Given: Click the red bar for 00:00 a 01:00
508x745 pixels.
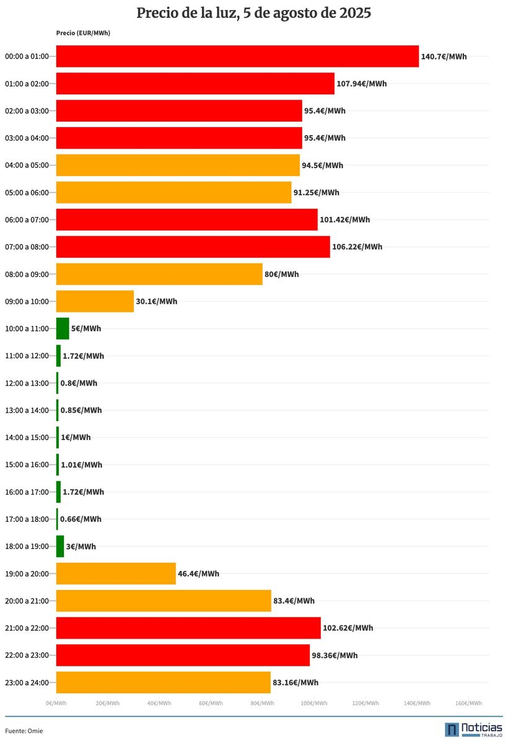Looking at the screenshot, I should pos(237,56).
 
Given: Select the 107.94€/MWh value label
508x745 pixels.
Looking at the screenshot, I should pos(361,84).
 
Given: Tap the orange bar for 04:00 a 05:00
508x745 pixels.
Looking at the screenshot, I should pos(178,165).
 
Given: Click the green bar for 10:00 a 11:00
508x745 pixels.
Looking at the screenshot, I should pos(63,328).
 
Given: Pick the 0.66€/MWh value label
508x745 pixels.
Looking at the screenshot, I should pos(81,519).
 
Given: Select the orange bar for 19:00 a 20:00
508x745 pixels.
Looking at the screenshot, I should pos(116,574).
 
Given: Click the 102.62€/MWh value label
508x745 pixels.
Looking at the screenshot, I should pos(348,628).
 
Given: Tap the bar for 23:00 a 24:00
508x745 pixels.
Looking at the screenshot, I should pos(164,682).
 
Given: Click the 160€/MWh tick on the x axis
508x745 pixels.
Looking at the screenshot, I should pos(468,703).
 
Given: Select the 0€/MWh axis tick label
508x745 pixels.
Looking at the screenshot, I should pos(56,703).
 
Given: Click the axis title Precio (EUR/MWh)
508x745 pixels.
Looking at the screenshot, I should pos(83,33).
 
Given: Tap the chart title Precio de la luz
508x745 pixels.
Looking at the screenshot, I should pos(253,13).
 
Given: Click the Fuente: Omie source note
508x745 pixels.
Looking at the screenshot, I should pos(24,731).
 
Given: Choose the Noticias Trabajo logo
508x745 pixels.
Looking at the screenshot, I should pos(473,730).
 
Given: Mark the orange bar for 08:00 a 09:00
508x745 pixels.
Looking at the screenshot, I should pos(159,274).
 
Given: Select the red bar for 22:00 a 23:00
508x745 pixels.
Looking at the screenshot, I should pos(183,655).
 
